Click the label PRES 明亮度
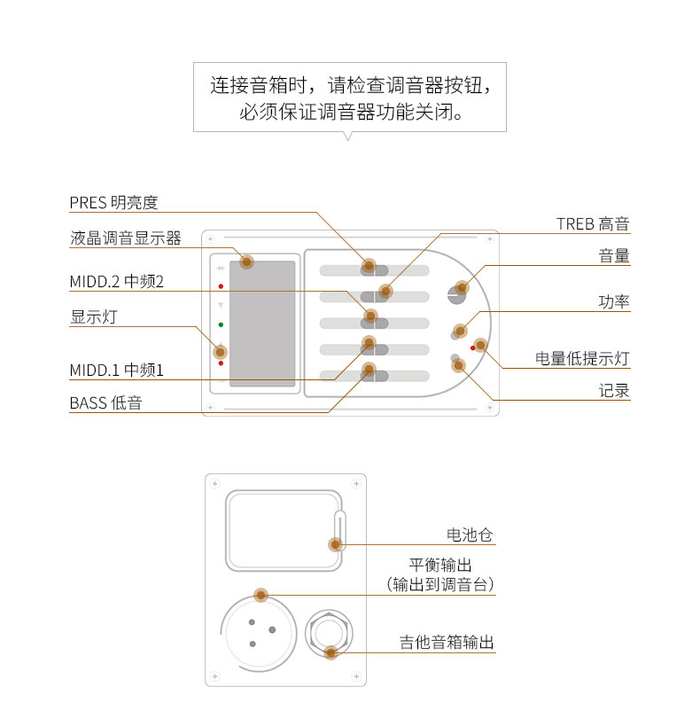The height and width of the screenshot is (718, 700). click(x=113, y=202)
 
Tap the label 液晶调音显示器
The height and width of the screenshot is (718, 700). click(x=125, y=238)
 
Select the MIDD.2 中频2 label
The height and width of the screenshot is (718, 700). click(x=117, y=282)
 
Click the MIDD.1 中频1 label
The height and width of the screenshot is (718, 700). click(x=117, y=370)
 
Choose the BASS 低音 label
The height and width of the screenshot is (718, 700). click(x=105, y=403)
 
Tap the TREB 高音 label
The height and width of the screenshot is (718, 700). click(x=593, y=223)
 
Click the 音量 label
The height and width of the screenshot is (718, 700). click(x=614, y=256)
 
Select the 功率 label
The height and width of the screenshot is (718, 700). click(x=614, y=301)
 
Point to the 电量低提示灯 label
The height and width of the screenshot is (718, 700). click(x=582, y=358)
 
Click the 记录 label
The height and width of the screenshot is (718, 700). click(x=614, y=390)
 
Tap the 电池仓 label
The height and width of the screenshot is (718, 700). click(x=470, y=535)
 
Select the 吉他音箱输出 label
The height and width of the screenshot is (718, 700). click(x=447, y=643)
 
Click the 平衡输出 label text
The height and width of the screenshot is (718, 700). click(x=440, y=565)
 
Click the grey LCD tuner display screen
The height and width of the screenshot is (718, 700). click(x=262, y=324)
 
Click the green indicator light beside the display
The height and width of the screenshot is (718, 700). click(x=221, y=324)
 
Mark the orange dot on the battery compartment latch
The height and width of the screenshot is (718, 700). click(x=336, y=545)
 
